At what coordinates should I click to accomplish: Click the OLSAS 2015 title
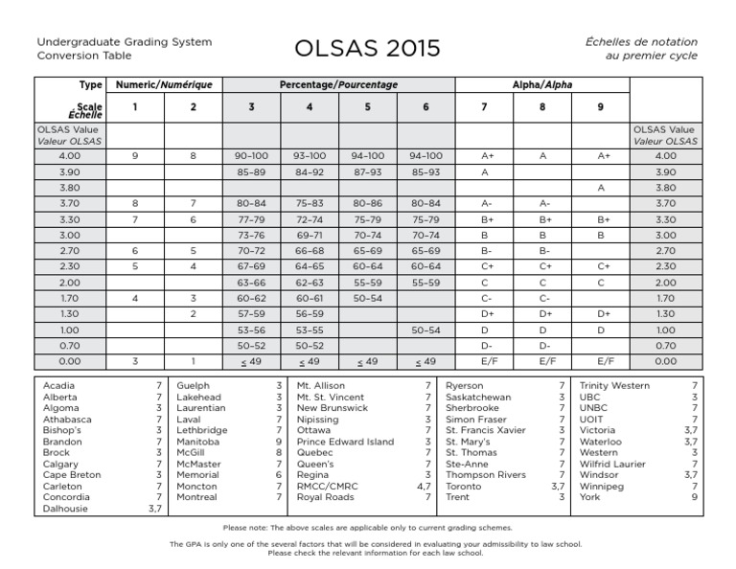click(x=368, y=48)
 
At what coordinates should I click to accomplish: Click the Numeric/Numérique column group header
click(x=163, y=86)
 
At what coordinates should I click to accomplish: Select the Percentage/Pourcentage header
click(x=337, y=86)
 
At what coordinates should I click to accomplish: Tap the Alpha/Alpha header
click(x=542, y=86)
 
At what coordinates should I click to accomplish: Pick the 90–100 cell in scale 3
click(x=250, y=155)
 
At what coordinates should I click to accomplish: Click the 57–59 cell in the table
click(x=250, y=313)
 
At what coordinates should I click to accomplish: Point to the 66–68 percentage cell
click(x=309, y=250)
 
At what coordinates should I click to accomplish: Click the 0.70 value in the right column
click(x=665, y=345)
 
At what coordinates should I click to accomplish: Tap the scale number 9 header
click(x=601, y=107)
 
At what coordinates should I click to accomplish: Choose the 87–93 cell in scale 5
click(x=367, y=171)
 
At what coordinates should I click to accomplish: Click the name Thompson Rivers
click(x=486, y=475)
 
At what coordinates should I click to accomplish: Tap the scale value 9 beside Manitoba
click(x=278, y=442)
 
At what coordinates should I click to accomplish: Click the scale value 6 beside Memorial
click(x=278, y=475)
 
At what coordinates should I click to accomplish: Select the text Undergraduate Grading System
click(x=125, y=42)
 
